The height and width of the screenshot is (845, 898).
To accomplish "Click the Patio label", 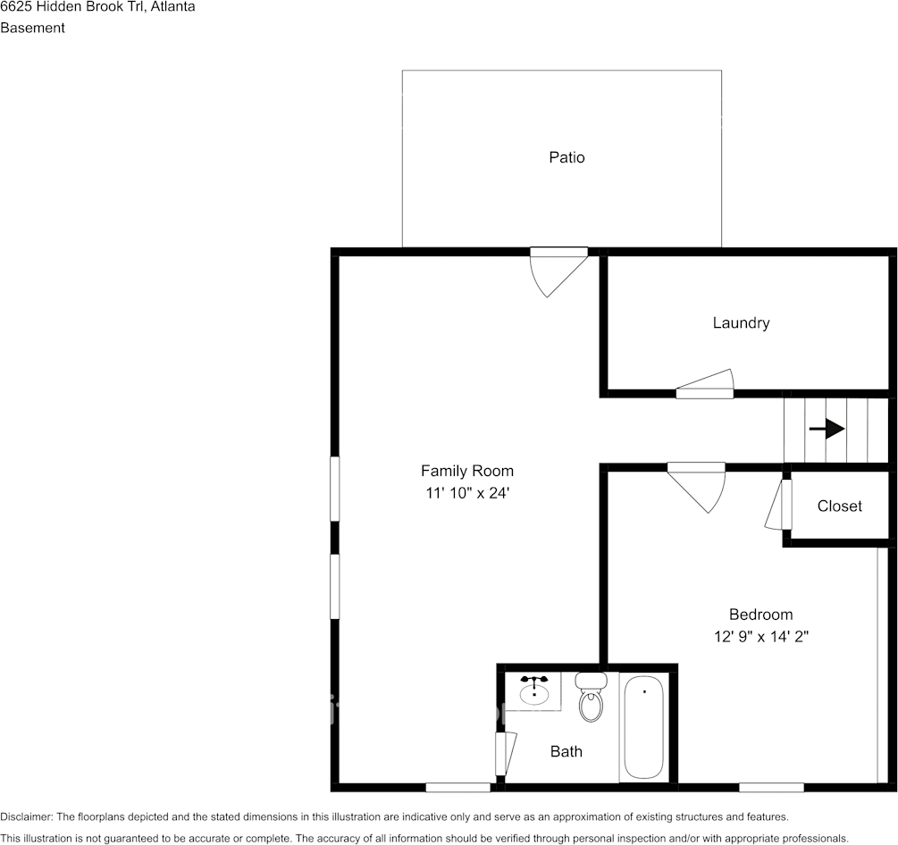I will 566,157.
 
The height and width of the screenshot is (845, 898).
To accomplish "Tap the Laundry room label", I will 741,322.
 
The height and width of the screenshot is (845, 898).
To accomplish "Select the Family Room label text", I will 467,471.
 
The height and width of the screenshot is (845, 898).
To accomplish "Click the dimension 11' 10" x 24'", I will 467,492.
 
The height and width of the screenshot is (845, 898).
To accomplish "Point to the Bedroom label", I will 760,615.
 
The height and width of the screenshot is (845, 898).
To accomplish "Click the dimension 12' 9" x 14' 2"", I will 760,637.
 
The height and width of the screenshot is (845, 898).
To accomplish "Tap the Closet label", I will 840,506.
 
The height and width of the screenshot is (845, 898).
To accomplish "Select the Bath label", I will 566,751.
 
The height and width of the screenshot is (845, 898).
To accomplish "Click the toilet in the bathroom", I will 591,699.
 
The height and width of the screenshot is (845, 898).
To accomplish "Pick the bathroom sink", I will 534,690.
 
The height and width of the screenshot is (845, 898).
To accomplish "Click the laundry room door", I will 705,385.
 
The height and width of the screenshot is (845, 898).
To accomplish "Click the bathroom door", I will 505,753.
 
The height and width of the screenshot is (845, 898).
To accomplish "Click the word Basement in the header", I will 32,28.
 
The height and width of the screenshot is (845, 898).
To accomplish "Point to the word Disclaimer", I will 26,816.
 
